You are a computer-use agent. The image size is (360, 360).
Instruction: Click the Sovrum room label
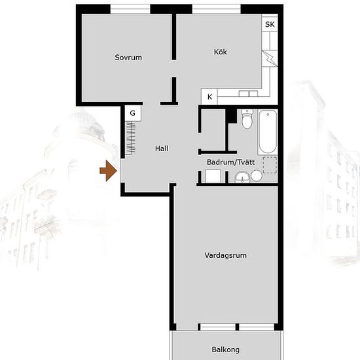tap(128, 58)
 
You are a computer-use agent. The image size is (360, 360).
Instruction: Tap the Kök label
tap(221, 52)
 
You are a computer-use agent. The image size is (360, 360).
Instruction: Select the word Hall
tap(162, 149)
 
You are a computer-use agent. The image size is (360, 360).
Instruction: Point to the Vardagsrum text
tap(225, 255)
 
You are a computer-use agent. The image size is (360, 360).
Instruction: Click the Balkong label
tap(225, 350)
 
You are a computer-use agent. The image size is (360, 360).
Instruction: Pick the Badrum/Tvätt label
tap(231, 162)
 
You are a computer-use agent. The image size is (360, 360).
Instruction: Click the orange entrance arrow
tap(108, 171)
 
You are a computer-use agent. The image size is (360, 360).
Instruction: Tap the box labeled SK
tap(270, 24)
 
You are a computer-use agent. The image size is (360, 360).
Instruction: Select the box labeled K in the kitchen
tap(209, 97)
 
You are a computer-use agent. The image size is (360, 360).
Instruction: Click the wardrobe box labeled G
tap(133, 113)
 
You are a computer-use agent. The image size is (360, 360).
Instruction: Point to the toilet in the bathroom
tap(247, 119)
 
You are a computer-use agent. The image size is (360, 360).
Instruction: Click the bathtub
tap(268, 132)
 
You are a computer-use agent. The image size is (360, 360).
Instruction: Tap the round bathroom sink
tap(242, 177)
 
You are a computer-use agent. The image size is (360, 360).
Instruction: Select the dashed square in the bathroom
tap(270, 165)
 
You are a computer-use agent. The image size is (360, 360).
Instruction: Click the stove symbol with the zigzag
tap(270, 58)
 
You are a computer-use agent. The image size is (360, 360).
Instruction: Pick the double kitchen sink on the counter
tap(248, 94)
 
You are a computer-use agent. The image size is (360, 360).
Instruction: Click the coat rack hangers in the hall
tap(131, 138)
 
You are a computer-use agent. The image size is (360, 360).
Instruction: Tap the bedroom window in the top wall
tap(130, 9)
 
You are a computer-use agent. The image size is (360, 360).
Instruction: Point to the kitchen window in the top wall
tap(216, 9)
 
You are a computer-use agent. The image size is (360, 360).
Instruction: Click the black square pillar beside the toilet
tap(231, 116)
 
